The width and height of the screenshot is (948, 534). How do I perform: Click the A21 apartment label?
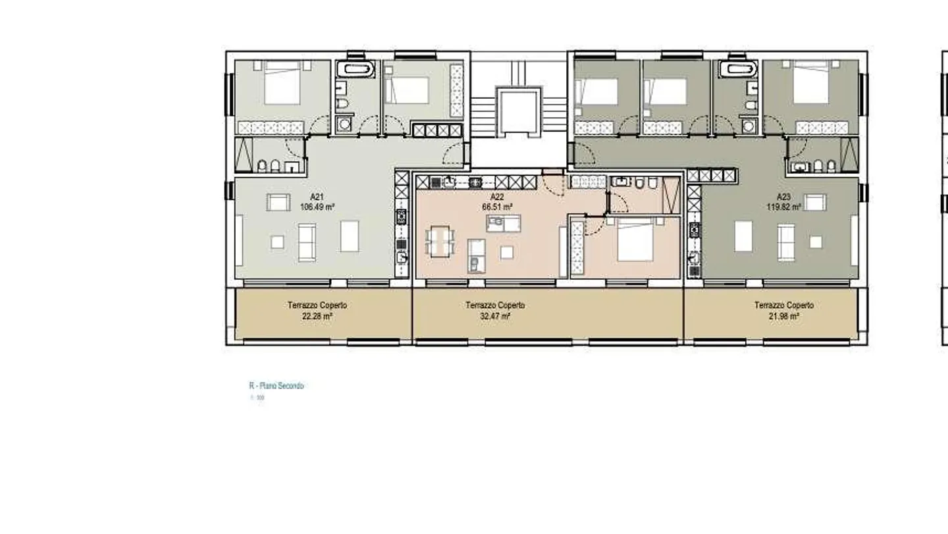click(x=317, y=197)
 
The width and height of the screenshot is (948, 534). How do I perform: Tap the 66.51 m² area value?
click(x=497, y=206)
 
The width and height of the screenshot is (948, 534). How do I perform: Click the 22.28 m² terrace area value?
click(x=317, y=316)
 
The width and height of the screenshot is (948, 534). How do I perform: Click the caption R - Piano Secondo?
click(x=276, y=386)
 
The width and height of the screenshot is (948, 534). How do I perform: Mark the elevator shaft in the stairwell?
click(x=518, y=111)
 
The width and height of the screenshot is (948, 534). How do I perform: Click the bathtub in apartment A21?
click(x=356, y=68)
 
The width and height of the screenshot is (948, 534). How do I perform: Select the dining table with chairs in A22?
click(x=440, y=241)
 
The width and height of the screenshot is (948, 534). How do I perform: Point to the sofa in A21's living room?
click(x=307, y=242)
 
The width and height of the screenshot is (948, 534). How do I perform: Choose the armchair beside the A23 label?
click(x=814, y=203)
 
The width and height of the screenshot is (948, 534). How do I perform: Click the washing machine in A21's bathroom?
click(x=344, y=124)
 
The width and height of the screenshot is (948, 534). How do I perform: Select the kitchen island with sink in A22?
click(x=504, y=223)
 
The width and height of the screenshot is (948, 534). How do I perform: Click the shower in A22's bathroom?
click(x=671, y=194)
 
